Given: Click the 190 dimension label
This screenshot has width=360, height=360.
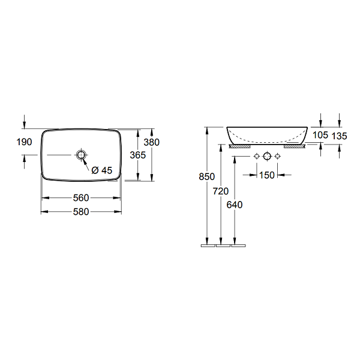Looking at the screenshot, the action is pos(24,142).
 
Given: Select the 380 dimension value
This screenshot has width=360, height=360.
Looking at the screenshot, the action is pos(151,142).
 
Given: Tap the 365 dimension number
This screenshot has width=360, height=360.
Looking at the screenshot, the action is pos(138,155).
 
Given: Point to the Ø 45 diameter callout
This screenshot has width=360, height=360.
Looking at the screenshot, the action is pos(102,170).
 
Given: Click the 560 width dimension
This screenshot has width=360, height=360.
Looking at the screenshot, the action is pos(81,197).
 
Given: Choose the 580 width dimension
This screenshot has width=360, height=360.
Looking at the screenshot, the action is pos(81,212).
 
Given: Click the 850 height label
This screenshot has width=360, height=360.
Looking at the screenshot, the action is pos(206,176).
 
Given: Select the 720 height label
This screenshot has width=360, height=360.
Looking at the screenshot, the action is pos(221,191).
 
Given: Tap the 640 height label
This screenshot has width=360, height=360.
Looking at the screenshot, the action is pos(235,205).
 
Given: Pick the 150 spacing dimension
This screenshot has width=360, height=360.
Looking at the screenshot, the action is pos(267,175).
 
